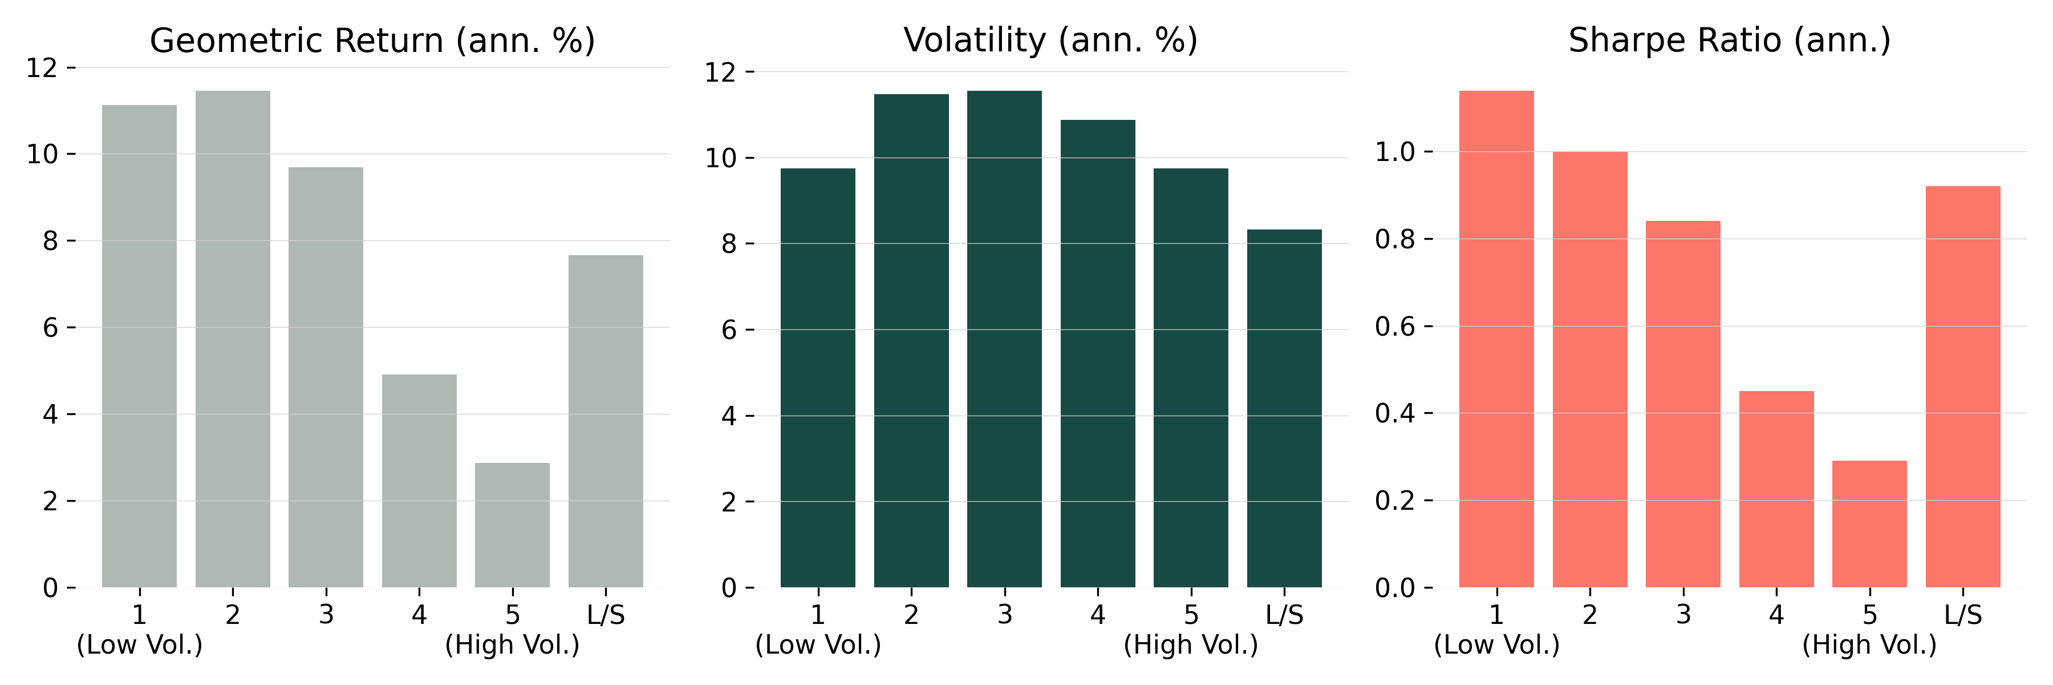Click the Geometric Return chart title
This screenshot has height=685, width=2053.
(x=372, y=41)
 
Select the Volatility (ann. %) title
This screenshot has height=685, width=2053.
(x=1050, y=41)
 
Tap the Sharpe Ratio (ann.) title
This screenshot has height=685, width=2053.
(x=1730, y=41)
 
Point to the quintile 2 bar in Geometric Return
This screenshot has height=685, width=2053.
(x=233, y=339)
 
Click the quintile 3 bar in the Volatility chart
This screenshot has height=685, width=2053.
(x=1004, y=339)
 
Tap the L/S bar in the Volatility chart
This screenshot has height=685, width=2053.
(x=1284, y=408)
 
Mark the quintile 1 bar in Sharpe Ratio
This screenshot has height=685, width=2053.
(x=1496, y=339)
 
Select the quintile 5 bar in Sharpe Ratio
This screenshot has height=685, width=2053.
(x=1869, y=524)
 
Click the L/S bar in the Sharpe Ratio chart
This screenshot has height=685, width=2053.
(x=1962, y=387)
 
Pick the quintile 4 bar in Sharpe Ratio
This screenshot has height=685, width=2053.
(x=1776, y=489)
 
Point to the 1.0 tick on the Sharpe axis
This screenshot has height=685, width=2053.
(x=1395, y=151)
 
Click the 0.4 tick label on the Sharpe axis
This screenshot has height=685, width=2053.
(x=1395, y=413)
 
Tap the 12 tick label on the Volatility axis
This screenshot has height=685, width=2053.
(x=720, y=72)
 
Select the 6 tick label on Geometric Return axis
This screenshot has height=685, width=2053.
(x=50, y=328)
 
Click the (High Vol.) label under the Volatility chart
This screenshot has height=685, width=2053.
(x=1191, y=644)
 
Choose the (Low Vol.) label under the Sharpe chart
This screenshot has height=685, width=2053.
(x=1496, y=644)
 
